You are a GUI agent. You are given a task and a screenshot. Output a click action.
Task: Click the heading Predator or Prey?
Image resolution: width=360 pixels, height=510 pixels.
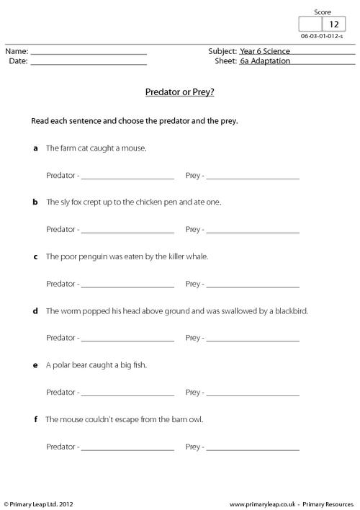pos(180,93)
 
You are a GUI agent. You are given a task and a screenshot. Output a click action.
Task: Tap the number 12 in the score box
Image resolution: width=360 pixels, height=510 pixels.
pos(333,24)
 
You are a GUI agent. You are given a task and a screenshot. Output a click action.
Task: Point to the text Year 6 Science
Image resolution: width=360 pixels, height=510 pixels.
pos(263,52)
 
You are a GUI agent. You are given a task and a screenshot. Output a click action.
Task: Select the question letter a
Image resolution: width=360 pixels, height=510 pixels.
pos(35,148)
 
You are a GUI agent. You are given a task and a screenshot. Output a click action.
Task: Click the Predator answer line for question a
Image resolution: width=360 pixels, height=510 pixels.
pos(128,177)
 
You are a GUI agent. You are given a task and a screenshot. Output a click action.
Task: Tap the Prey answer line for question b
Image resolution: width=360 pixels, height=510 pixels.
pos(253,231)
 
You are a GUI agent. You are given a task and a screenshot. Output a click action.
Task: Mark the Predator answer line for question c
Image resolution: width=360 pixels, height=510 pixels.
pos(128,285)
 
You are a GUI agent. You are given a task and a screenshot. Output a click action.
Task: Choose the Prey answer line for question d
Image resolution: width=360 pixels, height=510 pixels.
pos(253,339)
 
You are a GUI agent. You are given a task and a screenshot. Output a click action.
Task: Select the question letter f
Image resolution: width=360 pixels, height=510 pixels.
pos(35,419)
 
